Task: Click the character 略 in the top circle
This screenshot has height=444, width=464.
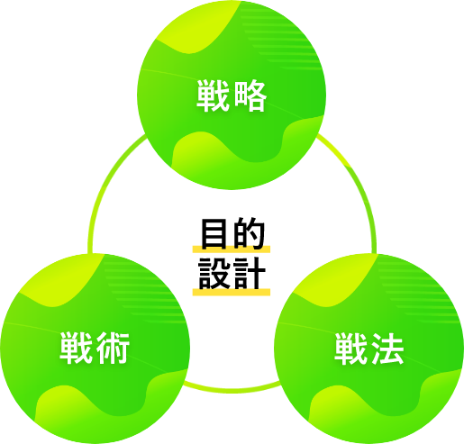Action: click(250, 95)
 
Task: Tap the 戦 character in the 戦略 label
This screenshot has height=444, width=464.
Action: click(213, 95)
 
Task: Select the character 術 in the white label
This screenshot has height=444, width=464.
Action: click(113, 349)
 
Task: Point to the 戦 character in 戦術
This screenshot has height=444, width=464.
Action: click(76, 349)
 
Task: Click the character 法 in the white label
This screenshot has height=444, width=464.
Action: click(387, 349)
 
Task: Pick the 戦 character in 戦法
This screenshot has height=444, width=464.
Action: click(350, 349)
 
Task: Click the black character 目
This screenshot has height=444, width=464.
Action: click(214, 233)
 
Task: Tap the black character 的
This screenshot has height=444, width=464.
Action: click(249, 233)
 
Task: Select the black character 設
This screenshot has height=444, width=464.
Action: click(214, 273)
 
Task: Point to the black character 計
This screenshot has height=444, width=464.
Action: click(250, 273)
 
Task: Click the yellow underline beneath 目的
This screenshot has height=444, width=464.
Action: click(232, 249)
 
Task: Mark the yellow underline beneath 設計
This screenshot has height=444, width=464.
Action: click(232, 292)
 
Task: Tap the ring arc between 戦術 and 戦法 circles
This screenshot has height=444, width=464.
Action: click(232, 390)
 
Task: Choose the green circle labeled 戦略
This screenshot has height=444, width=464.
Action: click(232, 95)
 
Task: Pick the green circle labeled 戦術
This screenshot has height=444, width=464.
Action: click(95, 349)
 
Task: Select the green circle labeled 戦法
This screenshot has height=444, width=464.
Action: click(369, 349)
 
